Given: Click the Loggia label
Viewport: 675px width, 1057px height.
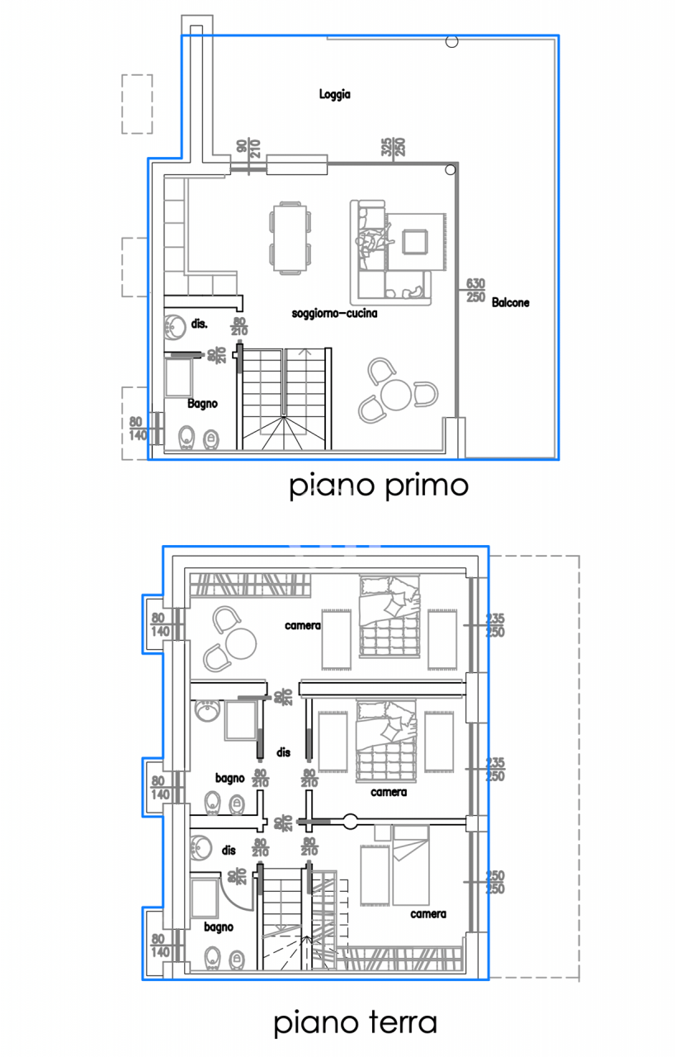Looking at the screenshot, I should point(335,95).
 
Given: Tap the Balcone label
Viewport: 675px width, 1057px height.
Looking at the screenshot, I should point(510,303).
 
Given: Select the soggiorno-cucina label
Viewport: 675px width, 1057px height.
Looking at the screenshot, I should point(334,314).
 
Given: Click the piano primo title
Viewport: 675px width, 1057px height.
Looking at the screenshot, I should point(379,486).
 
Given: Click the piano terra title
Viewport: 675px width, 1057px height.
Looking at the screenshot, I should point(355,1024).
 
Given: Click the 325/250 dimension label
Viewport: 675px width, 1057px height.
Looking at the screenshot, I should point(394,148).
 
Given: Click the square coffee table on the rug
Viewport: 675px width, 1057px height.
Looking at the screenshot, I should point(415,240).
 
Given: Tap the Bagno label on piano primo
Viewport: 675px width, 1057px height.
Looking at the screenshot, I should point(202,404).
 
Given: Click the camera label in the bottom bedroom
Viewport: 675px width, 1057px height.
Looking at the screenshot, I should point(428,914).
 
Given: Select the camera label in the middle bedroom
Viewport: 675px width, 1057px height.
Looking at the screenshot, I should point(388,792).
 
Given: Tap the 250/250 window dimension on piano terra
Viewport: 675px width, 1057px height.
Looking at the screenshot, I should point(495,883).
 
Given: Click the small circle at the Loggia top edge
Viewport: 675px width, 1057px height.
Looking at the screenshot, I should point(451,41).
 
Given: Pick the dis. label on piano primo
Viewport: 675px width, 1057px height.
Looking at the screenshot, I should point(199,325).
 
